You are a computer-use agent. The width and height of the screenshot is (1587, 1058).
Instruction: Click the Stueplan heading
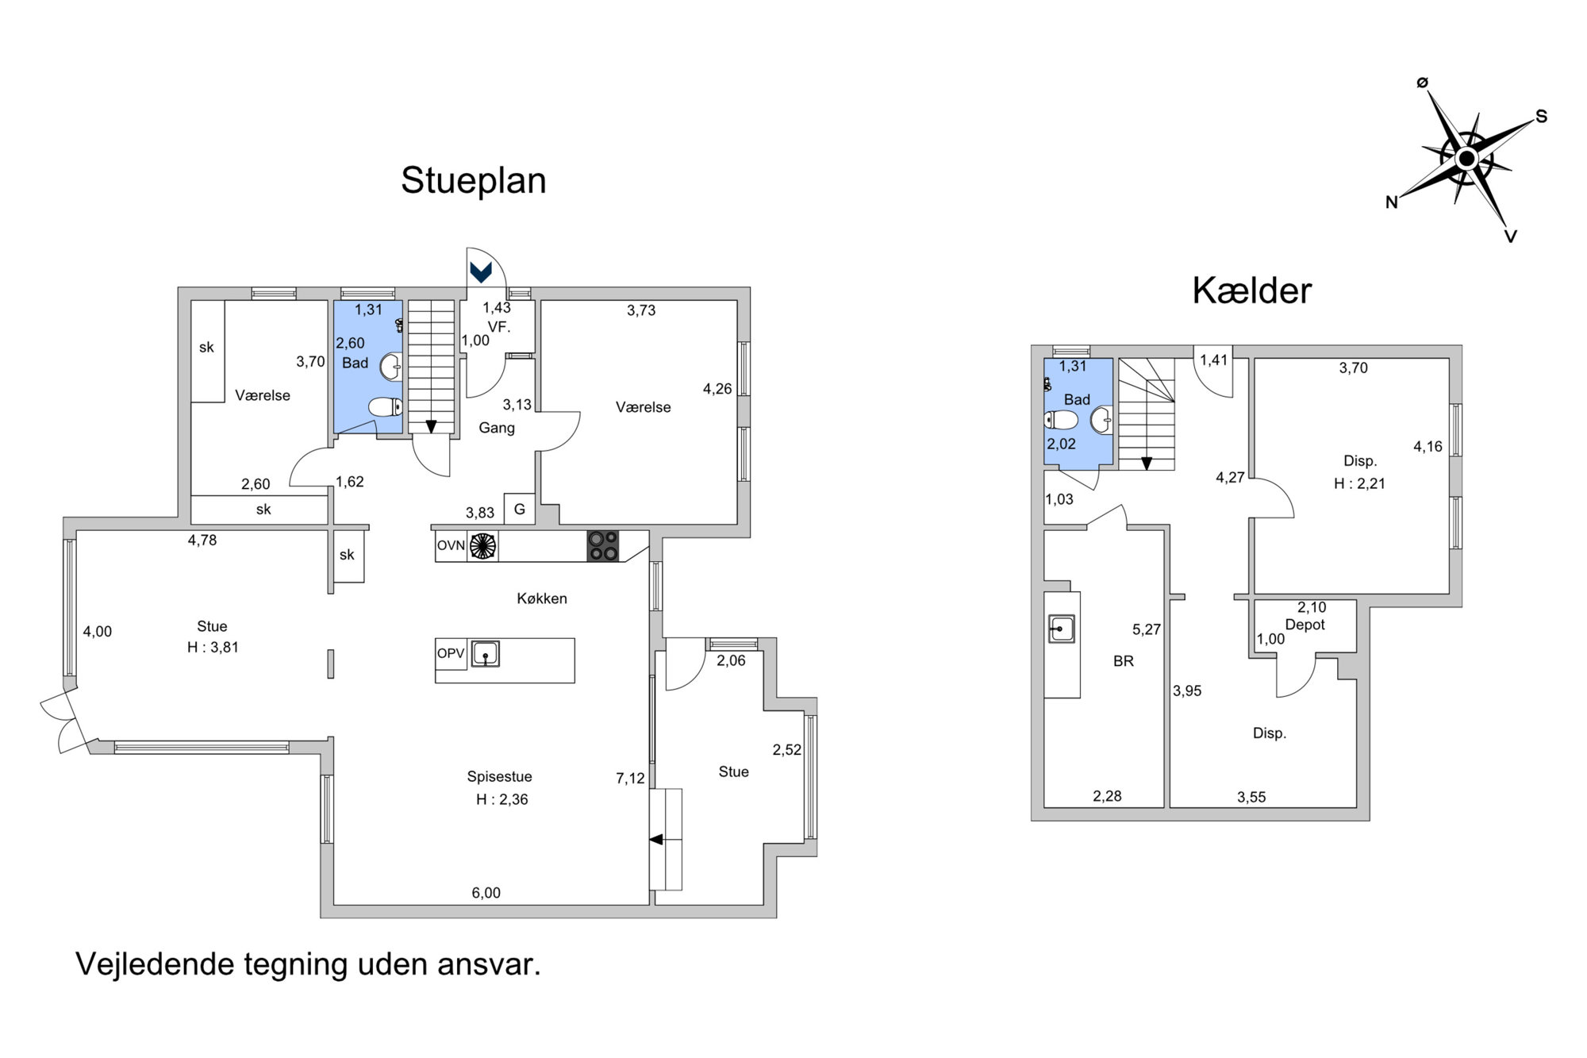[x=474, y=181]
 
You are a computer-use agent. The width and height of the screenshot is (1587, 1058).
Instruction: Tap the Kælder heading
[x=1251, y=290]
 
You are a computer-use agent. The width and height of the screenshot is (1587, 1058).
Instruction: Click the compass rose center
[x=1466, y=160]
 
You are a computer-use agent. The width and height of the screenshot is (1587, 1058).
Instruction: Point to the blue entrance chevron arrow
[x=480, y=272]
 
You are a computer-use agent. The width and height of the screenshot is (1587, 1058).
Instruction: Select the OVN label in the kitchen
[x=451, y=546]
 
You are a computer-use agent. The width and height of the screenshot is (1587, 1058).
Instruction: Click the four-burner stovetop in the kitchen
[x=602, y=546]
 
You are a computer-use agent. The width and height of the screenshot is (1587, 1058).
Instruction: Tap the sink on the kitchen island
[x=485, y=654]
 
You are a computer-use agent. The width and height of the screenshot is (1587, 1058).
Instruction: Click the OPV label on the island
[x=450, y=654]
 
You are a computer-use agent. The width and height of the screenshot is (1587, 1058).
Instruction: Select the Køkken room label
[x=542, y=598]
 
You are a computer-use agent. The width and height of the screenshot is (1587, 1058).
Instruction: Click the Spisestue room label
[x=499, y=777]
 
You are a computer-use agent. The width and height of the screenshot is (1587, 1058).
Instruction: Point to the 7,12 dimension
[x=630, y=779]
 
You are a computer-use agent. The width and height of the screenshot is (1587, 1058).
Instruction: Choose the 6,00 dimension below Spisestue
[x=486, y=893]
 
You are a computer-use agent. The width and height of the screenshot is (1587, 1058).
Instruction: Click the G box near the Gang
[x=520, y=510]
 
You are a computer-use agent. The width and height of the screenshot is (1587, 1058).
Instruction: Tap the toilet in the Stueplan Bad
[x=386, y=407]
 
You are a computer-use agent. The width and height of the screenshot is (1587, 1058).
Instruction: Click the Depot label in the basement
[x=1305, y=625]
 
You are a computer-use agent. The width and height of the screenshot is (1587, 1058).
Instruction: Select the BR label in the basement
[x=1123, y=661]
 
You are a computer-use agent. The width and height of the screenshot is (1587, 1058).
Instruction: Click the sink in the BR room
[x=1061, y=629]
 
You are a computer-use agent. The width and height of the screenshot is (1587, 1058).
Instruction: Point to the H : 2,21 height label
[x=1359, y=483]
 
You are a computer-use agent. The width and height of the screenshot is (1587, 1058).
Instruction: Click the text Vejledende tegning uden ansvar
[x=308, y=964]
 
